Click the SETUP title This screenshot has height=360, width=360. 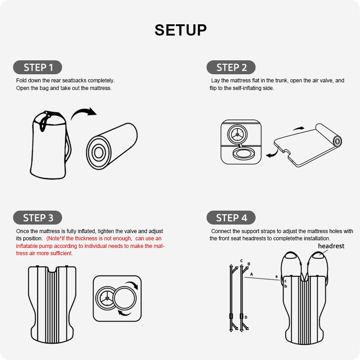[x=180, y=30]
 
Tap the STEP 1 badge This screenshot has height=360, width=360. [x=38, y=67]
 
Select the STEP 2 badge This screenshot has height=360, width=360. [x=231, y=67]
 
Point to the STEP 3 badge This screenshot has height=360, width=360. [x=38, y=217]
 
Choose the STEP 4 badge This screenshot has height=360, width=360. [x=231, y=217]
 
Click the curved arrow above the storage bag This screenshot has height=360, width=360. [x=83, y=111]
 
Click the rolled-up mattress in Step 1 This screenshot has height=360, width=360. [x=112, y=146]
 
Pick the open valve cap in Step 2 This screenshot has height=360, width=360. [x=243, y=153]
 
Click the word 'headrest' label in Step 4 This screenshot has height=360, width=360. [x=331, y=246]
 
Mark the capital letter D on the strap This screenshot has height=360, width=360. [x=246, y=317]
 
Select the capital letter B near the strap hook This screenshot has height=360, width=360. [x=249, y=264]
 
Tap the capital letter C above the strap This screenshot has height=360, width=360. [x=242, y=261]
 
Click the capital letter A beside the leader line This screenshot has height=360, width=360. [x=252, y=274]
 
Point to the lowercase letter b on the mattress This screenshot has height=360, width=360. [x=286, y=286]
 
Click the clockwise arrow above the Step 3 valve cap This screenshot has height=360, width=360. [x=133, y=284]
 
